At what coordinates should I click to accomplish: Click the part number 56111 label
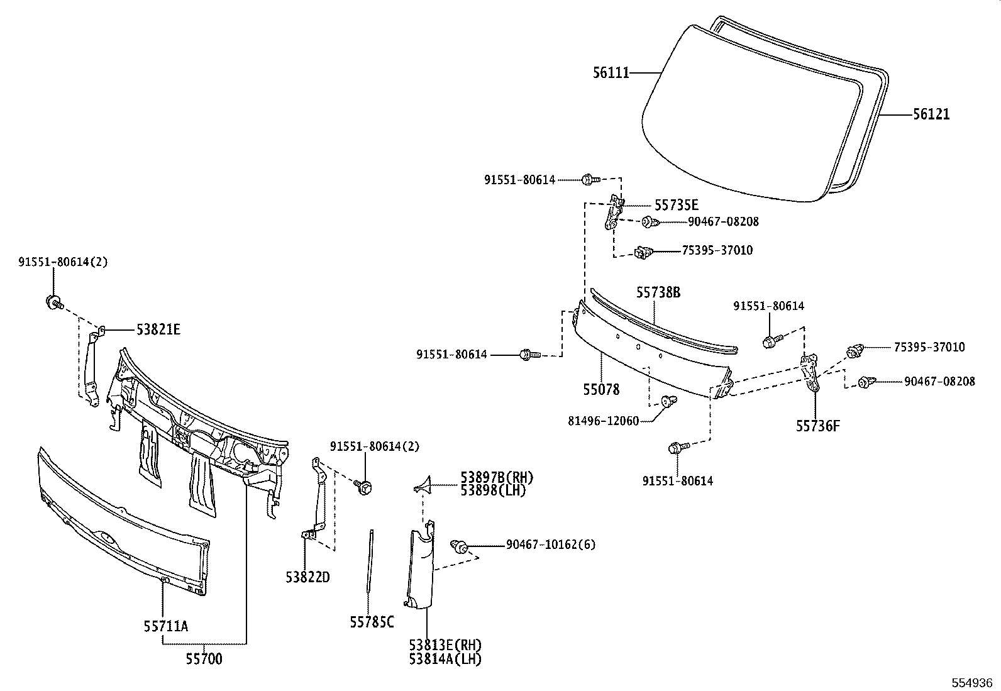(x=611, y=73)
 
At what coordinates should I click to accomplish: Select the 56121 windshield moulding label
(x=931, y=114)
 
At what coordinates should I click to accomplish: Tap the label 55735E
(x=676, y=206)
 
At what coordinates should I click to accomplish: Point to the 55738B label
(x=658, y=292)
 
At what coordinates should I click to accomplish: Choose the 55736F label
(x=817, y=426)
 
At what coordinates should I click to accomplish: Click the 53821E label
(x=158, y=329)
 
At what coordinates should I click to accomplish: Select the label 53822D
(x=307, y=577)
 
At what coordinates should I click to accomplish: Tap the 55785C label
(x=372, y=622)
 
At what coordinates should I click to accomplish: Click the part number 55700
(x=204, y=659)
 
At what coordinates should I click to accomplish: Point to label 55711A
(x=165, y=626)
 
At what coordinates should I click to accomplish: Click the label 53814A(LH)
(x=445, y=658)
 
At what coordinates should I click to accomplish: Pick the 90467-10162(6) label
(x=550, y=545)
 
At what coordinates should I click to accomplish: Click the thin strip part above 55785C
(x=370, y=560)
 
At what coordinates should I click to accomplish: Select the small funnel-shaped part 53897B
(x=423, y=484)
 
